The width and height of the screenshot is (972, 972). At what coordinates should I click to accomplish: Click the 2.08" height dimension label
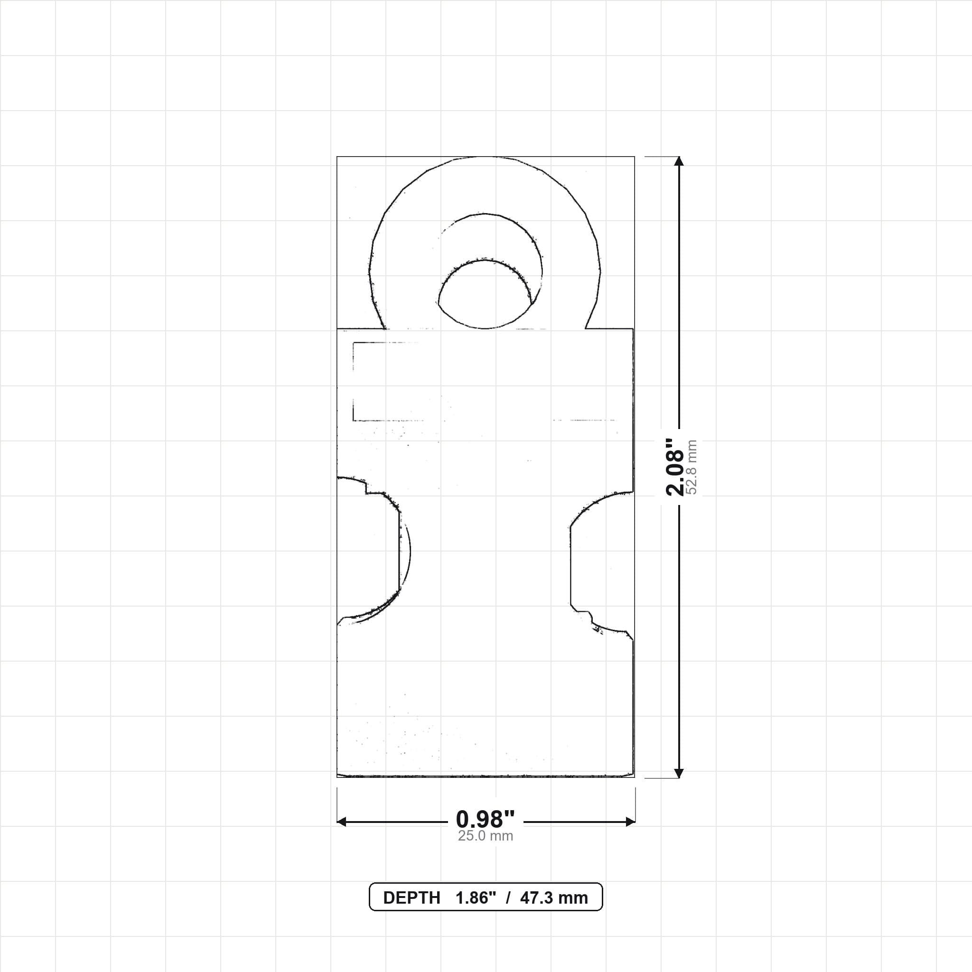coord(675,467)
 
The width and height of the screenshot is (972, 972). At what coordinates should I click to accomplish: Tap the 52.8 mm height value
coord(692,467)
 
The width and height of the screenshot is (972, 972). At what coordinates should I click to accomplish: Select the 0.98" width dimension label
coord(486,819)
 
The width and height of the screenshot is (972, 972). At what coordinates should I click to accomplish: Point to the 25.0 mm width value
coord(486,836)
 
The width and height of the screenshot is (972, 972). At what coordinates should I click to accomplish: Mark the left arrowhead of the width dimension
coord(342,822)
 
